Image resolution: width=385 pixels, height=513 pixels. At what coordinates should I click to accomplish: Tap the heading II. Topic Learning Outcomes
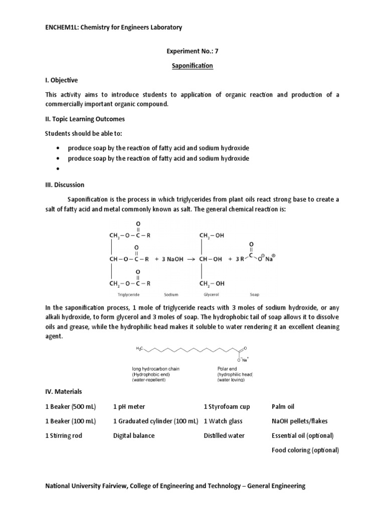pyautogui.click(x=85, y=119)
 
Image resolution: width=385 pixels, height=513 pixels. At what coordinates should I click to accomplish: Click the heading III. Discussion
pyautogui.click(x=65, y=185)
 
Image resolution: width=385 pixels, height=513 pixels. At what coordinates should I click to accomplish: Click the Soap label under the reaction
pyautogui.click(x=255, y=296)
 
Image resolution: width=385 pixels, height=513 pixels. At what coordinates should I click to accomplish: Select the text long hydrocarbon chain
pyautogui.click(x=155, y=369)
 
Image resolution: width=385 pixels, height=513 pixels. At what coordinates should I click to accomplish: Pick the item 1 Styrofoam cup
pyautogui.click(x=227, y=406)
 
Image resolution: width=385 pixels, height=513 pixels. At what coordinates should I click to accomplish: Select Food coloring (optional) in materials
pyautogui.click(x=305, y=450)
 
